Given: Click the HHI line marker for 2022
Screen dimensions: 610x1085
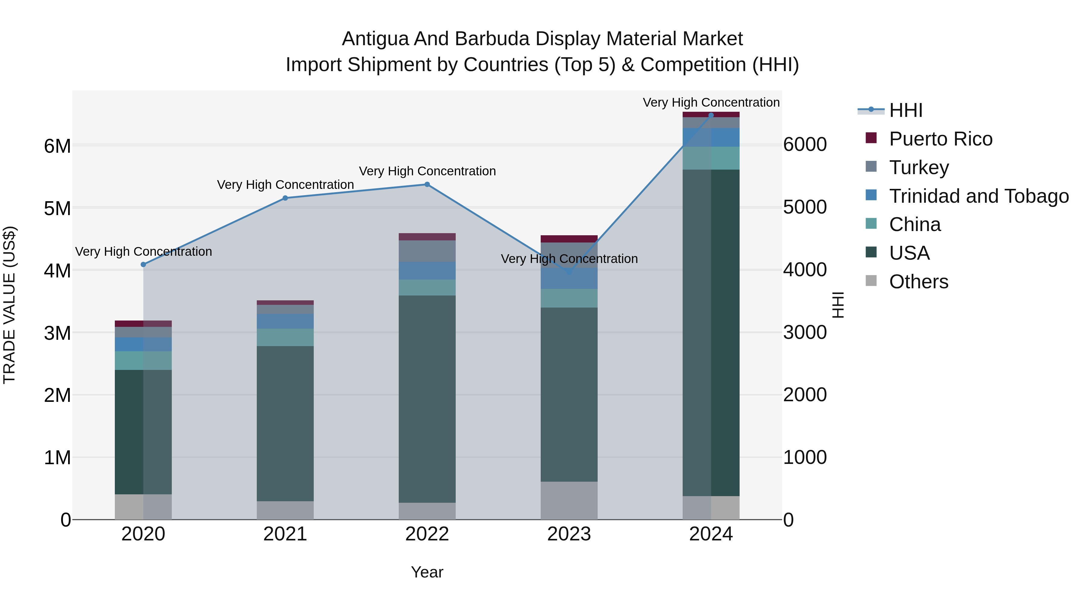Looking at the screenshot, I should (x=427, y=184).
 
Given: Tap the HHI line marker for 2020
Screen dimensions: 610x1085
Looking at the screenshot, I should (x=143, y=264).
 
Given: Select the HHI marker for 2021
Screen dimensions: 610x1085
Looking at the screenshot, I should (x=285, y=198).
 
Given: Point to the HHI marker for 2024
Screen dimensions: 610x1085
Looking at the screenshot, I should (x=711, y=115).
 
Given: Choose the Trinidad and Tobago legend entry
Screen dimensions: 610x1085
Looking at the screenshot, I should (x=978, y=196).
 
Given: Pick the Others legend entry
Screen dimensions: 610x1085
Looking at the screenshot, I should (x=918, y=282).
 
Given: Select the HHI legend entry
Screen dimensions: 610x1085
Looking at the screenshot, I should (x=906, y=110).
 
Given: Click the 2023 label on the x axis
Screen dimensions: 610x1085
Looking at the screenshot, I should (x=569, y=534).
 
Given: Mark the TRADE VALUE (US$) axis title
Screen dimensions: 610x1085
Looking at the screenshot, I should (x=9, y=305).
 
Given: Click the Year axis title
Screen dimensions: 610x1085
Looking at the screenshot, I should (x=427, y=572).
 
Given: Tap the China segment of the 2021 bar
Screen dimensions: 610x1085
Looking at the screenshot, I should (x=285, y=337).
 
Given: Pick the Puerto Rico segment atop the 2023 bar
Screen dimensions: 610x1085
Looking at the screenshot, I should (x=569, y=239).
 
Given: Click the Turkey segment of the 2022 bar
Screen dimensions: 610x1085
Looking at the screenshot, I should (x=427, y=251).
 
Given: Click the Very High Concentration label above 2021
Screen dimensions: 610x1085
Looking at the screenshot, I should (x=285, y=185).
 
